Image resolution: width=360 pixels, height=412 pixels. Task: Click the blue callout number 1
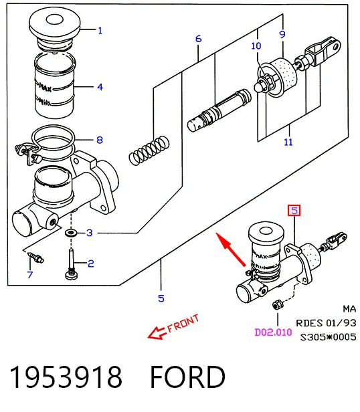pos(100,31)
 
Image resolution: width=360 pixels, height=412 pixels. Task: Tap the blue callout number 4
pos(100,87)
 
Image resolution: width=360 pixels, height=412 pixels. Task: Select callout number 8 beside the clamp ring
pos(100,140)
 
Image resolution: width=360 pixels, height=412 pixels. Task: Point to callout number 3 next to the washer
pos(90,233)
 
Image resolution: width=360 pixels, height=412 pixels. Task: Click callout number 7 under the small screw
pos(30,275)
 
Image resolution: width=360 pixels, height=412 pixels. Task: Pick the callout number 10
pos(256,46)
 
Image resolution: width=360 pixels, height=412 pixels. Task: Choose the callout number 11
pos(288,142)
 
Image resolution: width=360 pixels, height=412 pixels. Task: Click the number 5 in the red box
pos(294,211)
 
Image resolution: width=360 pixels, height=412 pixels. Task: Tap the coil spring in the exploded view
pos(149,150)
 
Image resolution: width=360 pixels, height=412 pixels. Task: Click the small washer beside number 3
pos(71,233)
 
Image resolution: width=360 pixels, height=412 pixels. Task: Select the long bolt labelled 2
pos(71,264)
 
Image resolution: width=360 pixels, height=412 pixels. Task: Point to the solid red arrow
pos(231,249)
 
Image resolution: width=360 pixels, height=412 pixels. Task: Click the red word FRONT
pos(183,324)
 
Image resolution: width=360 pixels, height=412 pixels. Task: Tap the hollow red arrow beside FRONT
pos(157,333)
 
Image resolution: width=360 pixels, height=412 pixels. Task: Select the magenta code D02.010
pos(274,332)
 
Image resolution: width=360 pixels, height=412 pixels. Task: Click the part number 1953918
pos(66,377)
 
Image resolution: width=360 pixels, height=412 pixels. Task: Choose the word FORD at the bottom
pos(187,377)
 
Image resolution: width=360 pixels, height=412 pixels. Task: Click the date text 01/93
pos(341,323)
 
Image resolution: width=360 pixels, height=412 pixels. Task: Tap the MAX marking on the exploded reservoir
pos(46,88)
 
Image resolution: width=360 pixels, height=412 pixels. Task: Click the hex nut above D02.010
pos(278,304)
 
